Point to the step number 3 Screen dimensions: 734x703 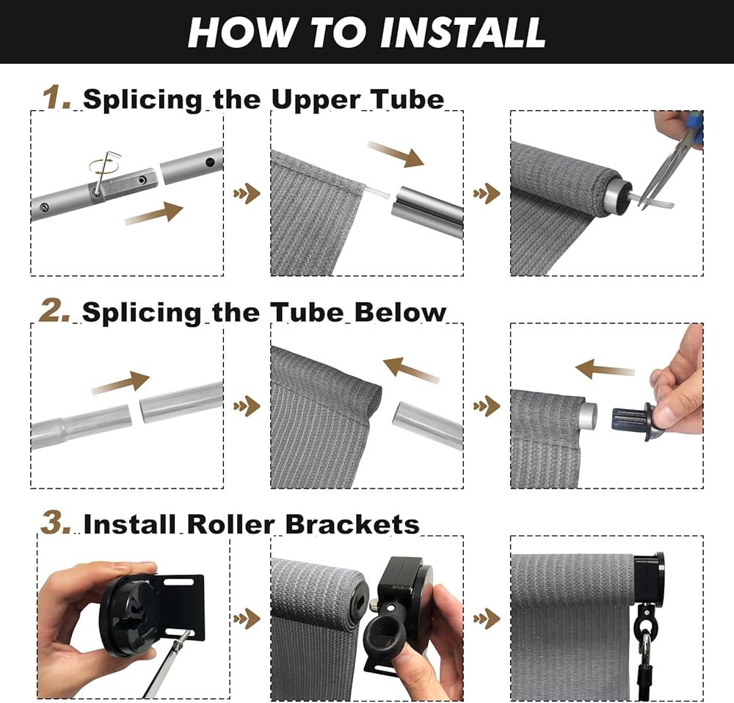[x=56, y=522]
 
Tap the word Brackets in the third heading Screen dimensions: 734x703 [x=352, y=524]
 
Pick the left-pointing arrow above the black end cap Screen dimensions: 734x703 [x=605, y=369]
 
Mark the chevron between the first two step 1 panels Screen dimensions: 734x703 [x=247, y=193]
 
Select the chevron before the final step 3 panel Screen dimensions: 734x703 [x=487, y=619]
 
